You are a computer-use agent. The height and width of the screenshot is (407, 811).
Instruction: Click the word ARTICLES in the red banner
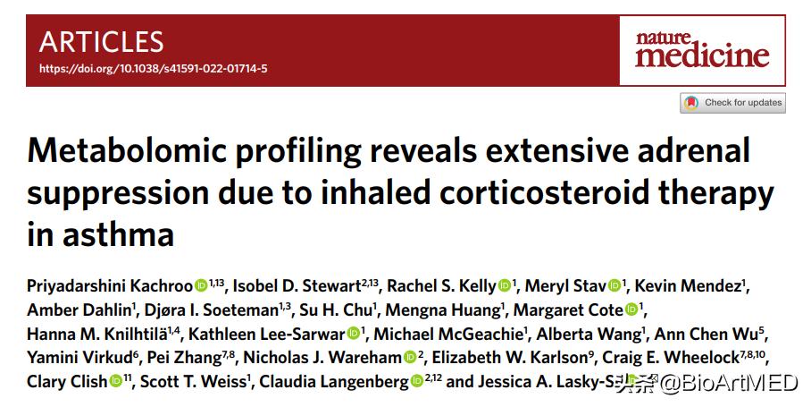tap(102, 42)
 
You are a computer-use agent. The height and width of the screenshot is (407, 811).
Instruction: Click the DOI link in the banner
tap(153, 69)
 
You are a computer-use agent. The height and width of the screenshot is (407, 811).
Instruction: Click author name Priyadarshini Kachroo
tap(110, 286)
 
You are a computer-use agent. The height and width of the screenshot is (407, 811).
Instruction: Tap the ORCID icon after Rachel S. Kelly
tap(505, 286)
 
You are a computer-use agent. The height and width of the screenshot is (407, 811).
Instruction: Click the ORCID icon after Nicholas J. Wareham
tap(410, 358)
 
